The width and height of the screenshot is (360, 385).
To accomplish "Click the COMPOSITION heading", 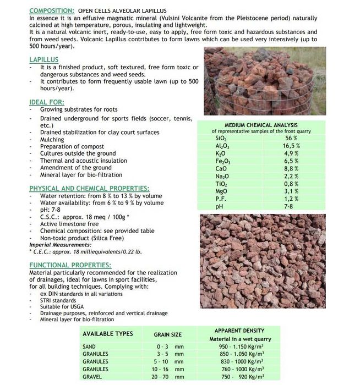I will click(52, 10).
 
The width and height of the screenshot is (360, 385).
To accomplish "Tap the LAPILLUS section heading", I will click(43, 59).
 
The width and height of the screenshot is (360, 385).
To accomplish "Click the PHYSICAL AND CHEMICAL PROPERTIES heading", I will click(89, 188).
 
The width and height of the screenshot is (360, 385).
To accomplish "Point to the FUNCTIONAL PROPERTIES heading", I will click(70, 265).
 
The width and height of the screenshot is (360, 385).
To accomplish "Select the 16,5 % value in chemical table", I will click(291, 146).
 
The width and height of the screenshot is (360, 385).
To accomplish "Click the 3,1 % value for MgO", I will click(291, 191).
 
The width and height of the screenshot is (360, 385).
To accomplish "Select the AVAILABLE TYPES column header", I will click(107, 334).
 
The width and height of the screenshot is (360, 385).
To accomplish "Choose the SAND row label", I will click(90, 347).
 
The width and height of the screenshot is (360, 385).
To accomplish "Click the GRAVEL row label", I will click(93, 377).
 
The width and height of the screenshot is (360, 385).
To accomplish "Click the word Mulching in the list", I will click(52, 140).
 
